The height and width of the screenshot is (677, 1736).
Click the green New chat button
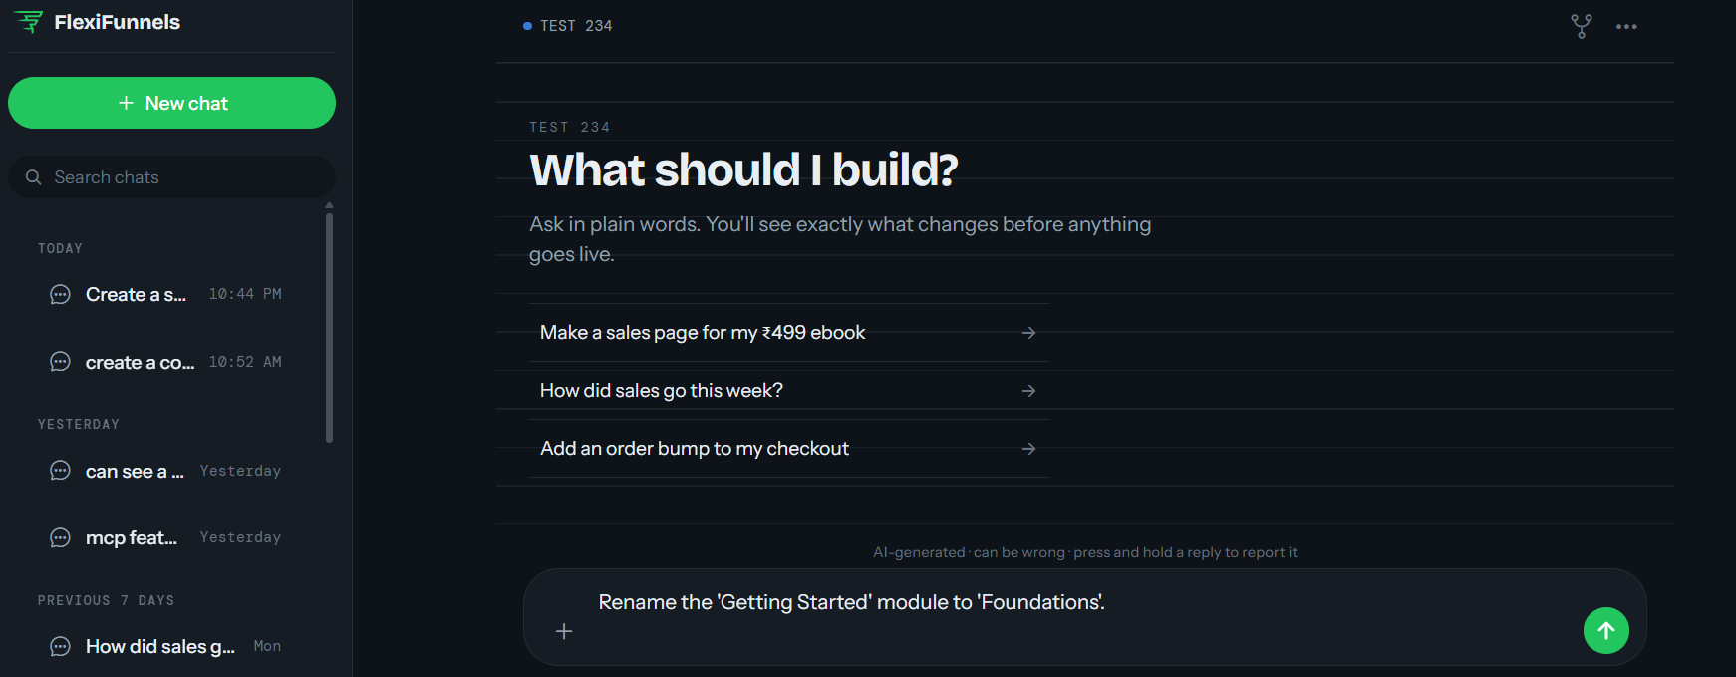[x=171, y=103]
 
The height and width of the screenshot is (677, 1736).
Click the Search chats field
[x=171, y=177]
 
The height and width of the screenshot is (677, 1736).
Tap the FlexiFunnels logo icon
[x=29, y=22]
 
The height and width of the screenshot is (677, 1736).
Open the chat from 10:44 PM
[x=165, y=294]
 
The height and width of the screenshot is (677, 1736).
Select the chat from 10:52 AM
[x=165, y=362]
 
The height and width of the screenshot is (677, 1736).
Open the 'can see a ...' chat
[x=165, y=471]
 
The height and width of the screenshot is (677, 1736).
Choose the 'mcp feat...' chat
[x=165, y=537]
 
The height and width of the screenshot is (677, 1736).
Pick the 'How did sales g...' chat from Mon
[x=165, y=646]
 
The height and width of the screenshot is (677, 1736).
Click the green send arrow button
[x=1606, y=630]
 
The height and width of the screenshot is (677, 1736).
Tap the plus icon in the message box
[x=564, y=631]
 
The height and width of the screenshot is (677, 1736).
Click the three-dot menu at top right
[x=1626, y=27]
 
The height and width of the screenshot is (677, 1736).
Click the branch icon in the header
[x=1582, y=26]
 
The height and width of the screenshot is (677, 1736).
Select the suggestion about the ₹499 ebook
[x=789, y=332]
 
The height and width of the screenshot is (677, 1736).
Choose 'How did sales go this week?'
[x=789, y=390]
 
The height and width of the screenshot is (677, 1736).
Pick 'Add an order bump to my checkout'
[x=789, y=448]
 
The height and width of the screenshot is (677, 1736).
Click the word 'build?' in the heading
[x=895, y=169]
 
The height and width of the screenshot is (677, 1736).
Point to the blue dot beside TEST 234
[x=527, y=26]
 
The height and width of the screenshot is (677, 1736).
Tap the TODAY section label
[x=60, y=248]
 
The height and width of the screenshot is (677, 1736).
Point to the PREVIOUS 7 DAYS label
[x=106, y=600]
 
